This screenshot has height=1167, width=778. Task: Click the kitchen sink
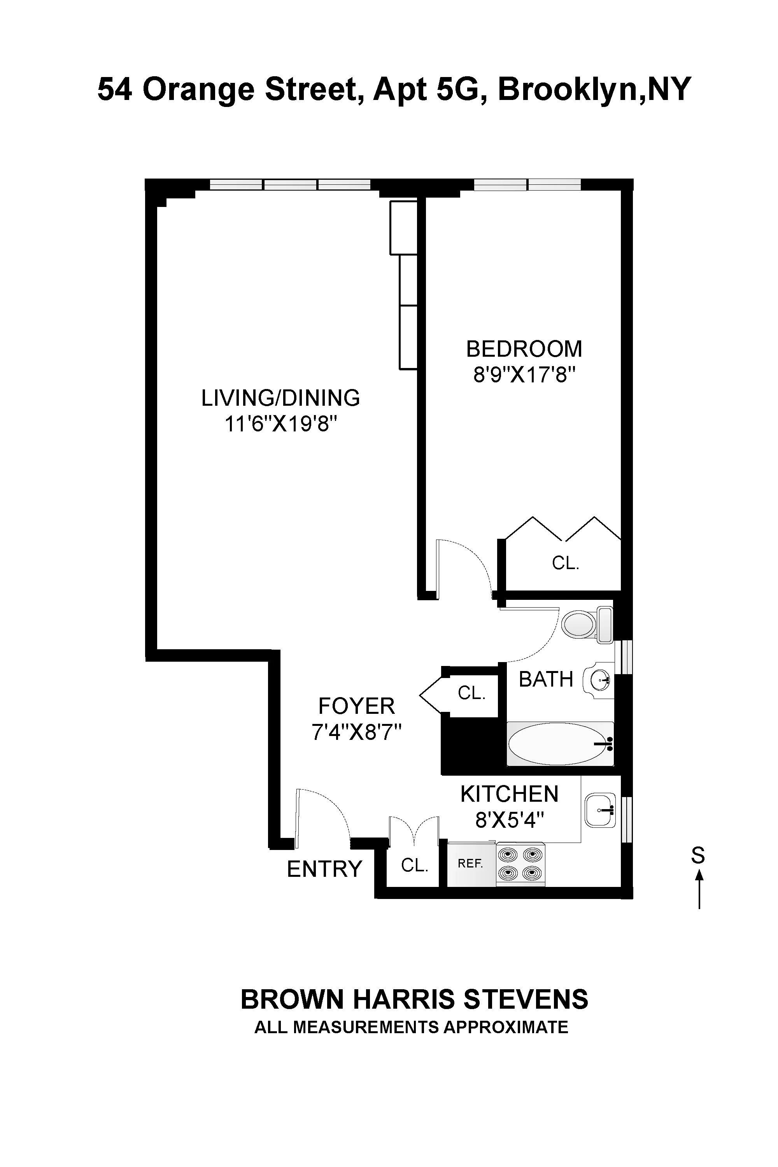tap(600, 810)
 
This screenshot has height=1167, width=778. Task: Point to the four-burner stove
tap(520, 864)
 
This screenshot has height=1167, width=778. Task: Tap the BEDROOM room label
tap(524, 349)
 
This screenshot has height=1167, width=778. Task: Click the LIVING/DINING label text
tap(280, 398)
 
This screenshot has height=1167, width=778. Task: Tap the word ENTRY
tap(324, 869)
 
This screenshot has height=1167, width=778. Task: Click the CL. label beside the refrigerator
tap(414, 865)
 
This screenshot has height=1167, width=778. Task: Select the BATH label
tap(546, 679)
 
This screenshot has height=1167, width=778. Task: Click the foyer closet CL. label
tap(471, 693)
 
